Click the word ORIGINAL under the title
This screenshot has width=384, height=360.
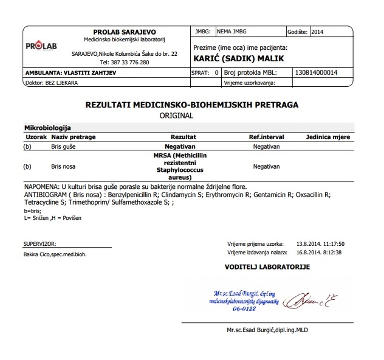(x=176, y=115)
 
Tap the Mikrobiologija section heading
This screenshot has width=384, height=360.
(x=47, y=128)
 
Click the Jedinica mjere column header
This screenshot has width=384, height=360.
(x=328, y=137)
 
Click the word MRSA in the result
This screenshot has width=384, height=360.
(x=162, y=156)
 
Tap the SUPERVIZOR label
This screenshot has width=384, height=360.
(x=39, y=243)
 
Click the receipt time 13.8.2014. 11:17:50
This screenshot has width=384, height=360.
(x=320, y=244)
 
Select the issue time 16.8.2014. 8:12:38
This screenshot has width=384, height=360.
(x=320, y=252)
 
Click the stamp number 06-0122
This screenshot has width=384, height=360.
(x=243, y=308)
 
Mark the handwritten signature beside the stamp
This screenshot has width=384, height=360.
(x=310, y=298)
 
